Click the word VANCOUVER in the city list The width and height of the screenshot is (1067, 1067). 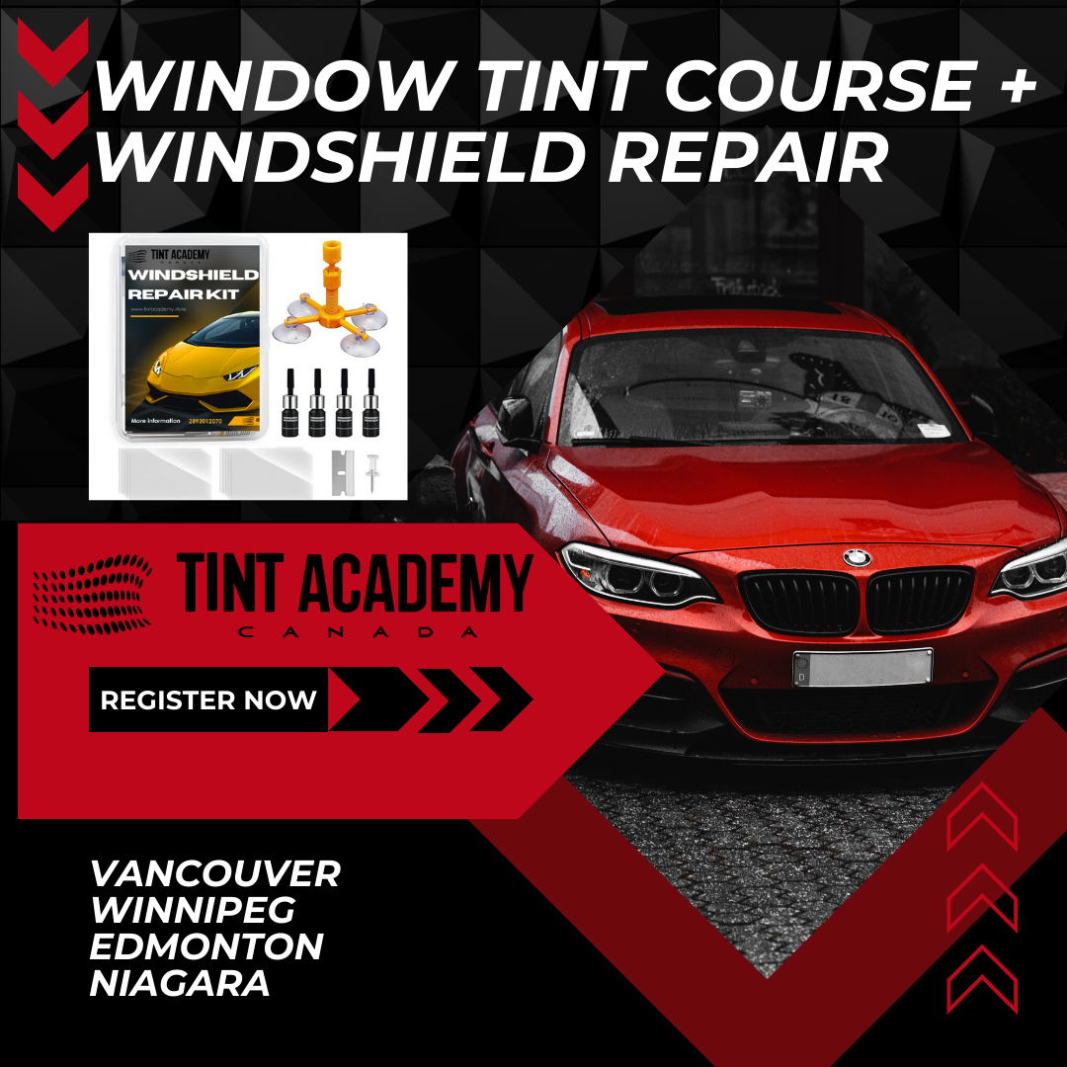tap(214, 873)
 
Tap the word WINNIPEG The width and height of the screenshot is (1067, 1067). tap(193, 910)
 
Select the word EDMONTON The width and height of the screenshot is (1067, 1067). tap(206, 946)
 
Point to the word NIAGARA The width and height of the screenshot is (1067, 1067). tap(180, 983)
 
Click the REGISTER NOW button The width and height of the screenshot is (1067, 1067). tap(207, 700)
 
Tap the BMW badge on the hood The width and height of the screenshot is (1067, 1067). tap(857, 558)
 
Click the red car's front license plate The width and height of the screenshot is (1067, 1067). tap(862, 668)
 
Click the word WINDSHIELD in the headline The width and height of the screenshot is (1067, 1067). tap(345, 156)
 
